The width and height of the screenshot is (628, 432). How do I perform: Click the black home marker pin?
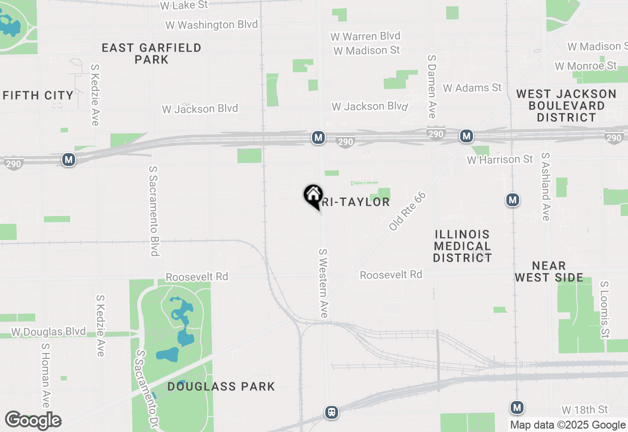313,195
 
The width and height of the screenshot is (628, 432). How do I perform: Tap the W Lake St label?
184,5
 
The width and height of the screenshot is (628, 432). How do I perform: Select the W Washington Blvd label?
211,25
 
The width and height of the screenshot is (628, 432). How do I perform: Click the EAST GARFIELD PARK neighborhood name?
152,54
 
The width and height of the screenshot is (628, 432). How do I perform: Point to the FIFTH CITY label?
38,95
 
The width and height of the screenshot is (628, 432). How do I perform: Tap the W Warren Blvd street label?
365,36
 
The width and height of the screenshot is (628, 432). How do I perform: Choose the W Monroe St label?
585,66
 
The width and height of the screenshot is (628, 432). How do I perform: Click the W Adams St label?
472,88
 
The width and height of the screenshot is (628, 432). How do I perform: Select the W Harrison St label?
499,160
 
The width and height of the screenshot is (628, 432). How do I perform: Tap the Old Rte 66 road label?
407,212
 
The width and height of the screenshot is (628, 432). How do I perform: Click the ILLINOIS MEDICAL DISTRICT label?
462,246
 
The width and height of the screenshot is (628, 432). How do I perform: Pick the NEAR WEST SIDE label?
549,271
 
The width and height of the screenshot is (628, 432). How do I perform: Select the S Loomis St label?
604,309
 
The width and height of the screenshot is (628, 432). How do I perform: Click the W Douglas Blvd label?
48,332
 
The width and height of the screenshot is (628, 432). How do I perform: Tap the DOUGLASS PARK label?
221,386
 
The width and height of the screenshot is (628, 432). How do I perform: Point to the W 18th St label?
584,409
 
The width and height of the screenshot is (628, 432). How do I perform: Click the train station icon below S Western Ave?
332,412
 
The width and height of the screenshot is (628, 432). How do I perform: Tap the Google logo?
33,421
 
